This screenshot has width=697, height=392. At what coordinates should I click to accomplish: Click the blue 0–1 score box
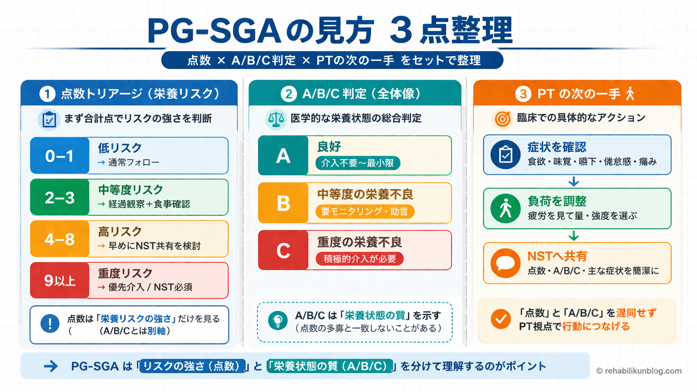(60, 156)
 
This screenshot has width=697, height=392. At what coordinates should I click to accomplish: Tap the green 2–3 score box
(60, 197)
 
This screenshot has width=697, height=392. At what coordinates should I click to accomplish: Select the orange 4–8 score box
(60, 239)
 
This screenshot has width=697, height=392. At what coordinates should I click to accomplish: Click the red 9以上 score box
(60, 281)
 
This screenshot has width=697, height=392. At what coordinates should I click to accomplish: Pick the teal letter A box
(283, 156)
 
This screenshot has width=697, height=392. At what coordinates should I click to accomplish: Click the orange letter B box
(283, 203)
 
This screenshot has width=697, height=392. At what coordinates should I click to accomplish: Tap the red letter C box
(283, 250)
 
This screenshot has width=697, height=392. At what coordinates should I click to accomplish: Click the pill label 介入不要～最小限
(357, 163)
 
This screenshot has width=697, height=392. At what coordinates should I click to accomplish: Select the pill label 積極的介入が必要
(360, 259)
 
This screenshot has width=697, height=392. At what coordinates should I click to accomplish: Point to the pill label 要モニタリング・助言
(365, 211)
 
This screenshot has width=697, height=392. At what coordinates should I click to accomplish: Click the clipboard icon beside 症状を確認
(505, 155)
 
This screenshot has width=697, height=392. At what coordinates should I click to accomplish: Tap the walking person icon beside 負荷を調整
(505, 208)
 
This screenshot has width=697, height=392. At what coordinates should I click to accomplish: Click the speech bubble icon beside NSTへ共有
(505, 263)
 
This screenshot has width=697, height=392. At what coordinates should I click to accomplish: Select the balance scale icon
(276, 119)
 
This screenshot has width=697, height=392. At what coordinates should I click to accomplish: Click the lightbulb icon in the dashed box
(277, 321)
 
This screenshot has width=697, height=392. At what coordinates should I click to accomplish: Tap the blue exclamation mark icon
(50, 324)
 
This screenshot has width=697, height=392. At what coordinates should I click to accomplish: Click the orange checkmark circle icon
(501, 319)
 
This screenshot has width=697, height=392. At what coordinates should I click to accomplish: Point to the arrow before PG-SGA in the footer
(51, 366)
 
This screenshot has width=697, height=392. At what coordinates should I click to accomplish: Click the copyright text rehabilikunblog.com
(639, 371)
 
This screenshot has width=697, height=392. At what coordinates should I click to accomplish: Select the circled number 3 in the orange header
(523, 94)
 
